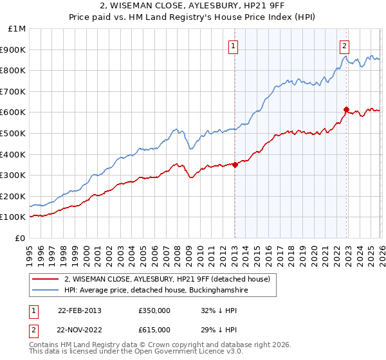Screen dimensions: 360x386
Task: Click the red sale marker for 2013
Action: [x=235, y=165]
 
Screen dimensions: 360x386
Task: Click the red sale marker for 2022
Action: [x=346, y=109]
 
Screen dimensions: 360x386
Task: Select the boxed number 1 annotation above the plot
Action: [x=232, y=46]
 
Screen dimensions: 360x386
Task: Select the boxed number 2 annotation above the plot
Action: [x=345, y=46]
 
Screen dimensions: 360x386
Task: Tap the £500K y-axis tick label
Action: [x=14, y=133]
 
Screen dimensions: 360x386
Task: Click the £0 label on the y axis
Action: [x=20, y=238]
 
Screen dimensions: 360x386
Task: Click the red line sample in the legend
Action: [x=45, y=279]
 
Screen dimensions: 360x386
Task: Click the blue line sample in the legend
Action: [x=45, y=291]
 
